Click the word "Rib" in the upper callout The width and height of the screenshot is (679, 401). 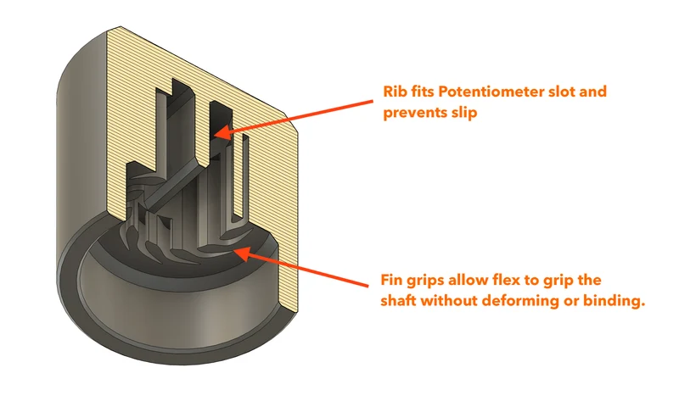coord(393,92)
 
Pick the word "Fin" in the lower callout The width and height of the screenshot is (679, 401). coord(390,280)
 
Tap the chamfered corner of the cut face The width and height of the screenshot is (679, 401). coord(292,124)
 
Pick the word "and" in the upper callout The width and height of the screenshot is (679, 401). coord(593,92)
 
